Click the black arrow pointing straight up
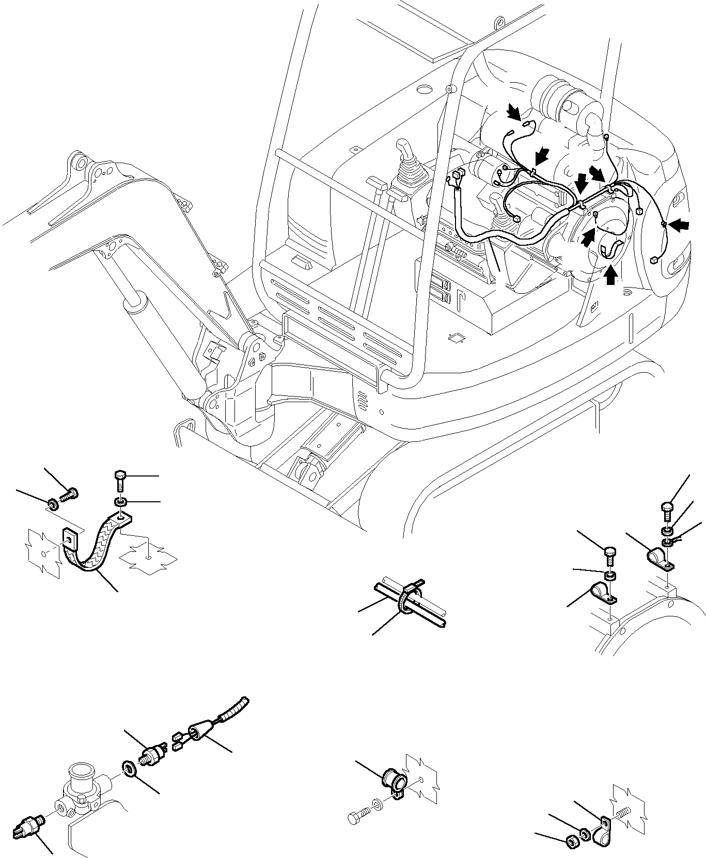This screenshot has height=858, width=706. coord(610,275)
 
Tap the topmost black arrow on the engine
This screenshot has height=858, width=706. coord(513,111)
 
